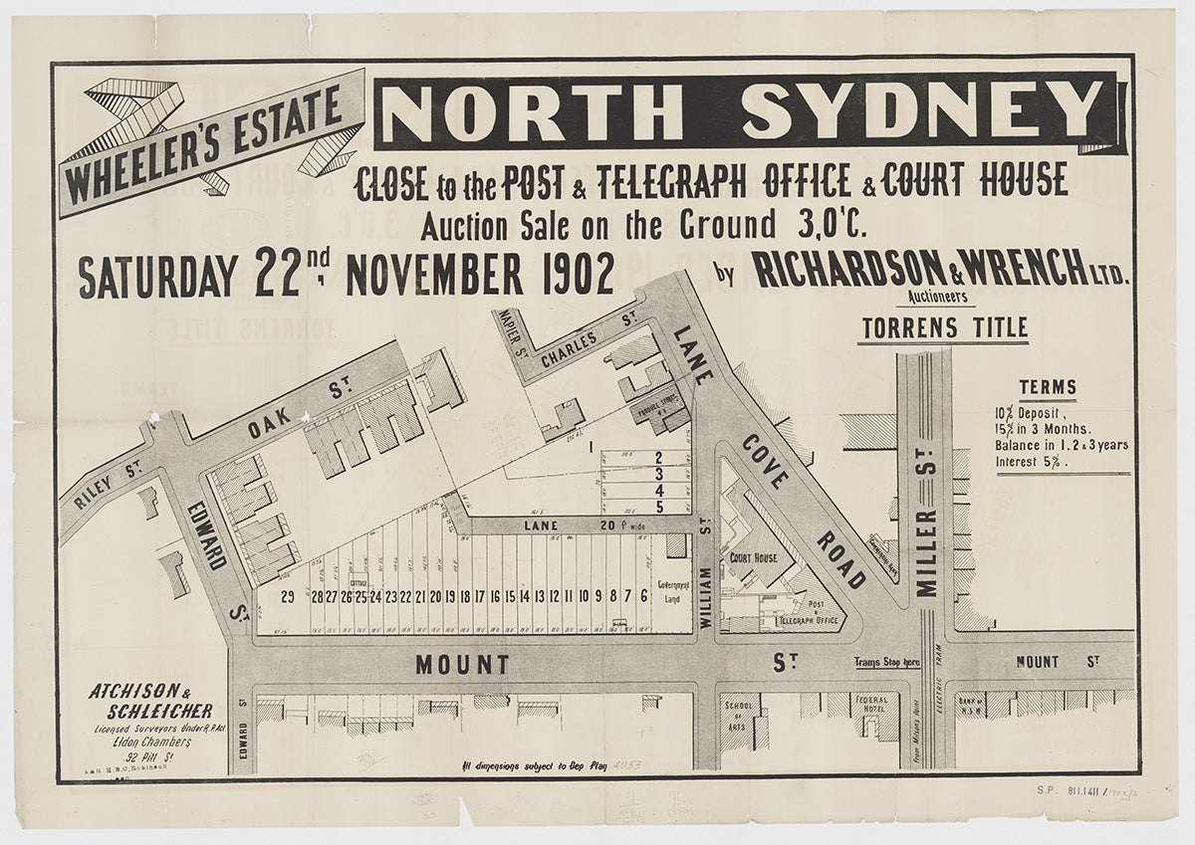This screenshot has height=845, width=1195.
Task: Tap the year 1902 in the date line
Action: click(x=572, y=277)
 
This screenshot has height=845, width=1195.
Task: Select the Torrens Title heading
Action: click(x=942, y=327)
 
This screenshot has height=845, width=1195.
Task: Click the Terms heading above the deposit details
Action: click(x=1047, y=388)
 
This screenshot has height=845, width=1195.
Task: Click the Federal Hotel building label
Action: click(x=870, y=706)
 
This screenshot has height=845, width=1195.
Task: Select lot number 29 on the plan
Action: click(x=287, y=596)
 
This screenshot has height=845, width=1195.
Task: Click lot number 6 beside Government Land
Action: click(x=644, y=596)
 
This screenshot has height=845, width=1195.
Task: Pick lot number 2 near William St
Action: click(x=659, y=457)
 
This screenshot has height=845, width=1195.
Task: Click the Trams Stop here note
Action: click(x=886, y=663)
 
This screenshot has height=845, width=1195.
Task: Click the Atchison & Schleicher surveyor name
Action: click(x=149, y=701)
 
